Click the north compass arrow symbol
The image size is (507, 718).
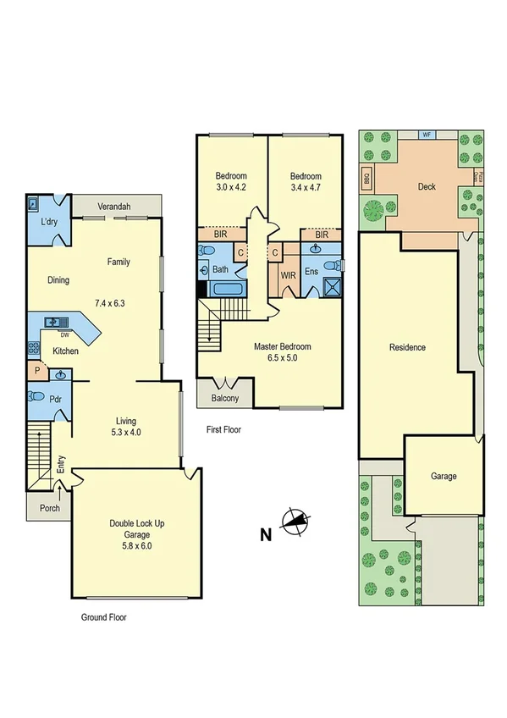pyautogui.click(x=295, y=522)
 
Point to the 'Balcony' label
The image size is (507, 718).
pyautogui.click(x=224, y=398)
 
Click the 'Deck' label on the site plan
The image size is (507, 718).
pyautogui.click(x=427, y=186)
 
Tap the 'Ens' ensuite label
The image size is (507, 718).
pyautogui.click(x=311, y=272)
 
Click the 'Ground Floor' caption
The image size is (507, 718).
pyautogui.click(x=103, y=617)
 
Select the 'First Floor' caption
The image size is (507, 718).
pyautogui.click(x=223, y=430)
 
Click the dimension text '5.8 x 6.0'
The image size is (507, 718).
pyautogui.click(x=136, y=535)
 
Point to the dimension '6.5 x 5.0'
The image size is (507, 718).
pyautogui.click(x=282, y=358)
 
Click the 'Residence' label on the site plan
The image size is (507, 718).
pyautogui.click(x=407, y=347)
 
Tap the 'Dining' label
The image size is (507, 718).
pyautogui.click(x=58, y=280)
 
